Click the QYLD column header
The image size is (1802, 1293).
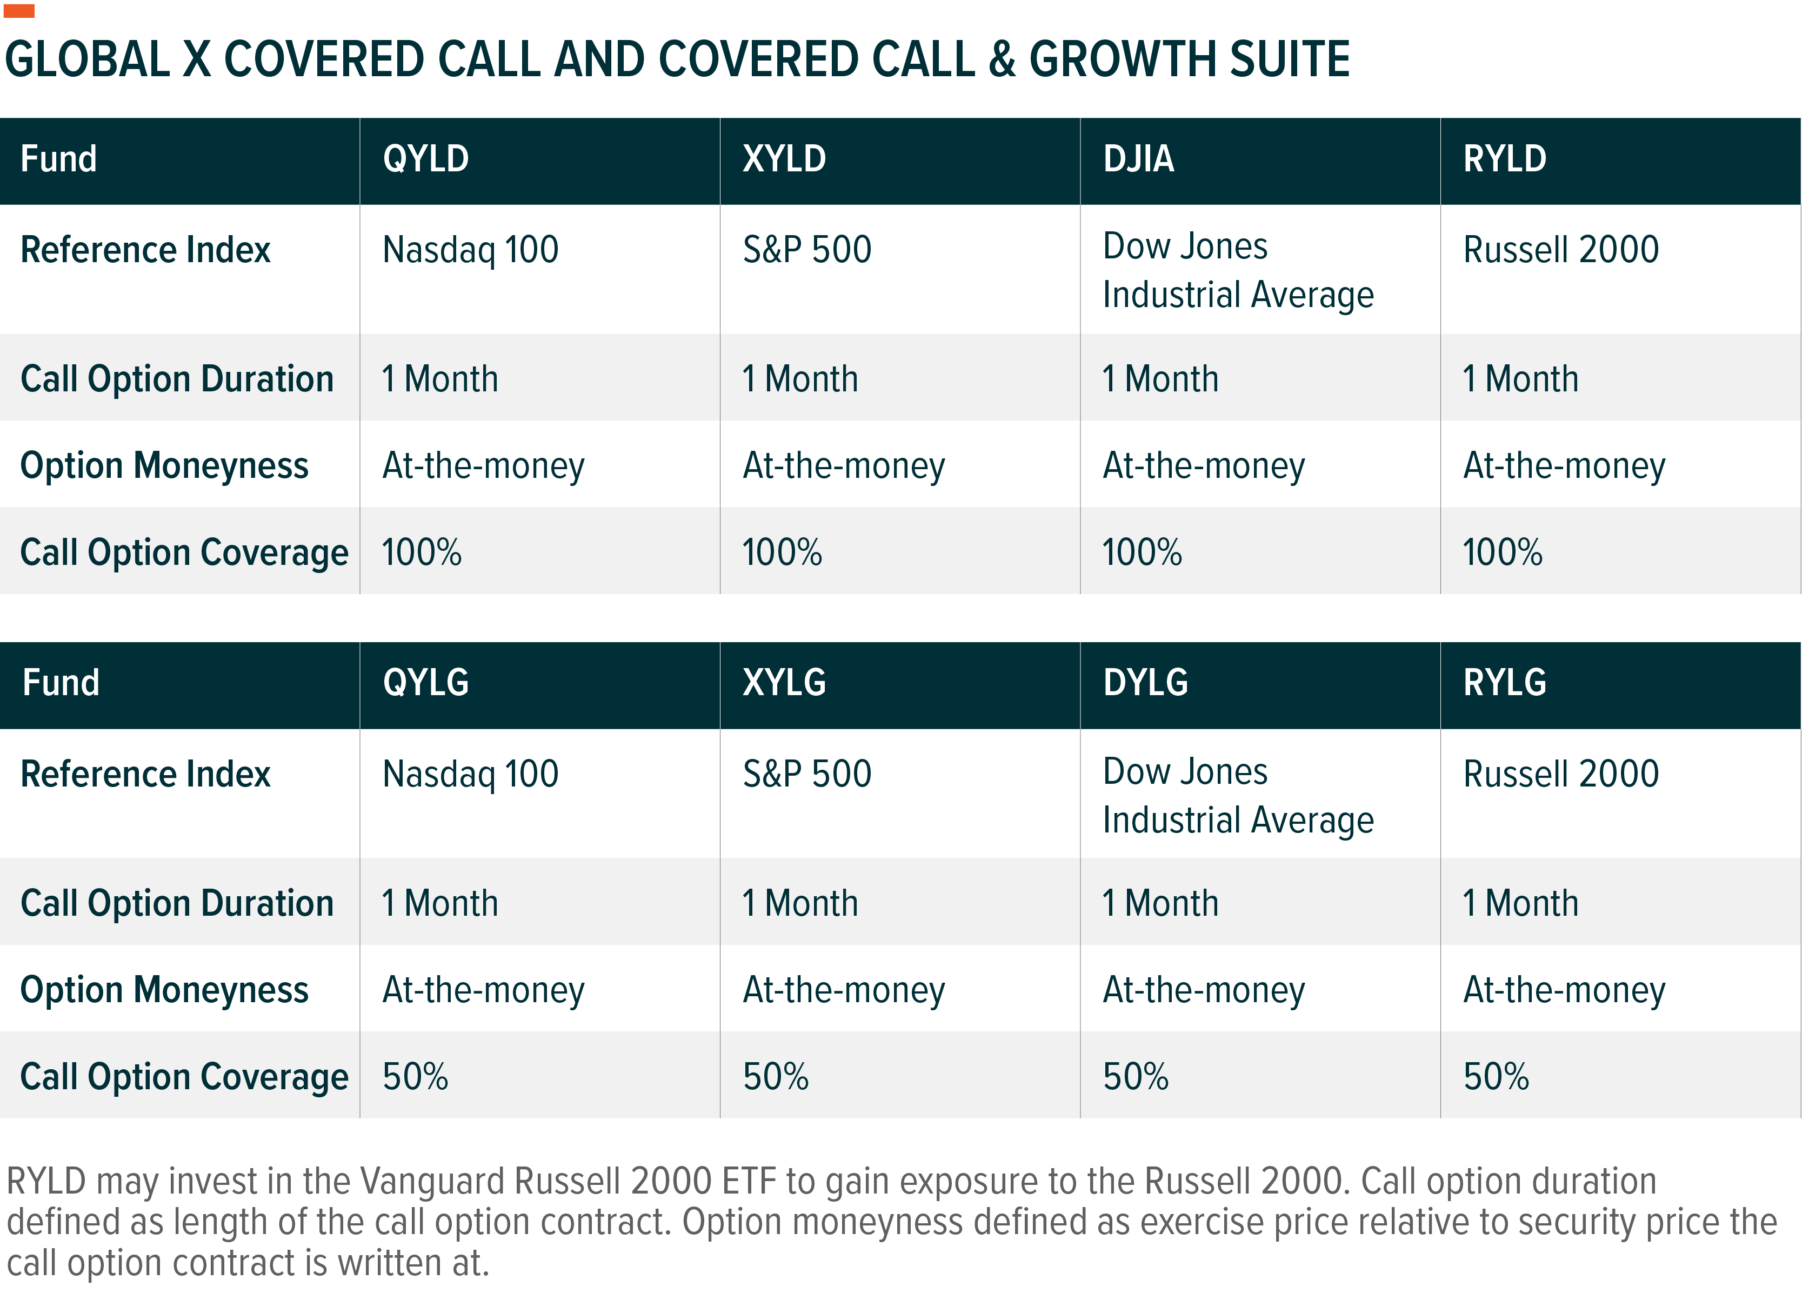(426, 159)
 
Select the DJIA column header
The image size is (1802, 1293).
(1139, 159)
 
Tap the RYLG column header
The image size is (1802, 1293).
(1505, 683)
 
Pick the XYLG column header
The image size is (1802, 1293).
(784, 683)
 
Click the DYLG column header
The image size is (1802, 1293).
(1146, 683)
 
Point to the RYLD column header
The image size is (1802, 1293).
(1505, 159)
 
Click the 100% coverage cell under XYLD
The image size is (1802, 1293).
(782, 552)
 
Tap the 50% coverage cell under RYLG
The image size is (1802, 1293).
(1496, 1077)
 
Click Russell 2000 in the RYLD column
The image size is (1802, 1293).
(1561, 250)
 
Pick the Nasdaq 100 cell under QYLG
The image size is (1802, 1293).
(470, 774)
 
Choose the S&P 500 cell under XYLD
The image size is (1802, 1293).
(807, 250)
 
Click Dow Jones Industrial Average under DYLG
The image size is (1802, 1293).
(1238, 796)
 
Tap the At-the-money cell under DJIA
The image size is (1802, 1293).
(1204, 466)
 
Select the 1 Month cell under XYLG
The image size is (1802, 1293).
(800, 904)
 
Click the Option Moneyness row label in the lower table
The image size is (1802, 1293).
(164, 991)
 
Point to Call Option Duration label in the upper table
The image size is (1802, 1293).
(177, 379)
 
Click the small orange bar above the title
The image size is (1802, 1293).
(19, 10)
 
